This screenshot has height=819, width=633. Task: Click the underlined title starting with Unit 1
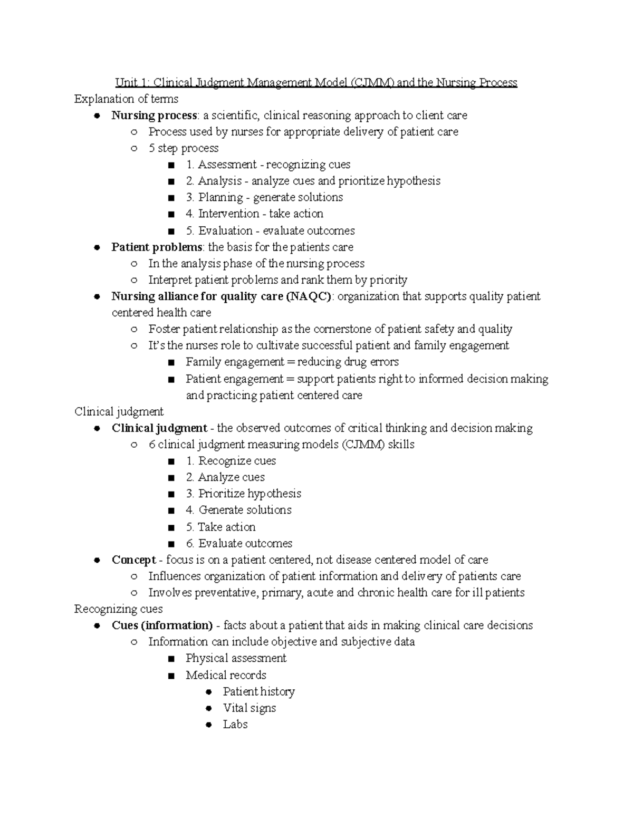316,83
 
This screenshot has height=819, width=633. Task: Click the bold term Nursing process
154,115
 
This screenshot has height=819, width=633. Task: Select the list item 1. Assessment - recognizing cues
268,165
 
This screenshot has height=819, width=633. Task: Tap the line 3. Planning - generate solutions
264,197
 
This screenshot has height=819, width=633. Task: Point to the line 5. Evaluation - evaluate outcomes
270,230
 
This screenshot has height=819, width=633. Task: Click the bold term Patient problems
157,247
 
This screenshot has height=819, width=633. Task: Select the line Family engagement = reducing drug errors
292,362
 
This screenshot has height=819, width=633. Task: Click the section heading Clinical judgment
119,411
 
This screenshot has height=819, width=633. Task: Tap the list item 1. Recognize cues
231,461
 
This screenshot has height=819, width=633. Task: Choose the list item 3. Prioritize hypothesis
243,494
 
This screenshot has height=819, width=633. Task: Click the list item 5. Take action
220,527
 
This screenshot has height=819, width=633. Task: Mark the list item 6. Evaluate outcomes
238,543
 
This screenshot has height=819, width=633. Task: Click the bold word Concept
133,560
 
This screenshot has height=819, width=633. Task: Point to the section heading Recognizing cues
118,609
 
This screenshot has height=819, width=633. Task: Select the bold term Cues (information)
162,625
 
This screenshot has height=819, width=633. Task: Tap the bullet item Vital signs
249,708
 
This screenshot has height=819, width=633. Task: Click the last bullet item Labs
235,724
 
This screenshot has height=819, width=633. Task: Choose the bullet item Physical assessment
236,658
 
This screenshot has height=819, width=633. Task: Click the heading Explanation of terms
126,99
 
